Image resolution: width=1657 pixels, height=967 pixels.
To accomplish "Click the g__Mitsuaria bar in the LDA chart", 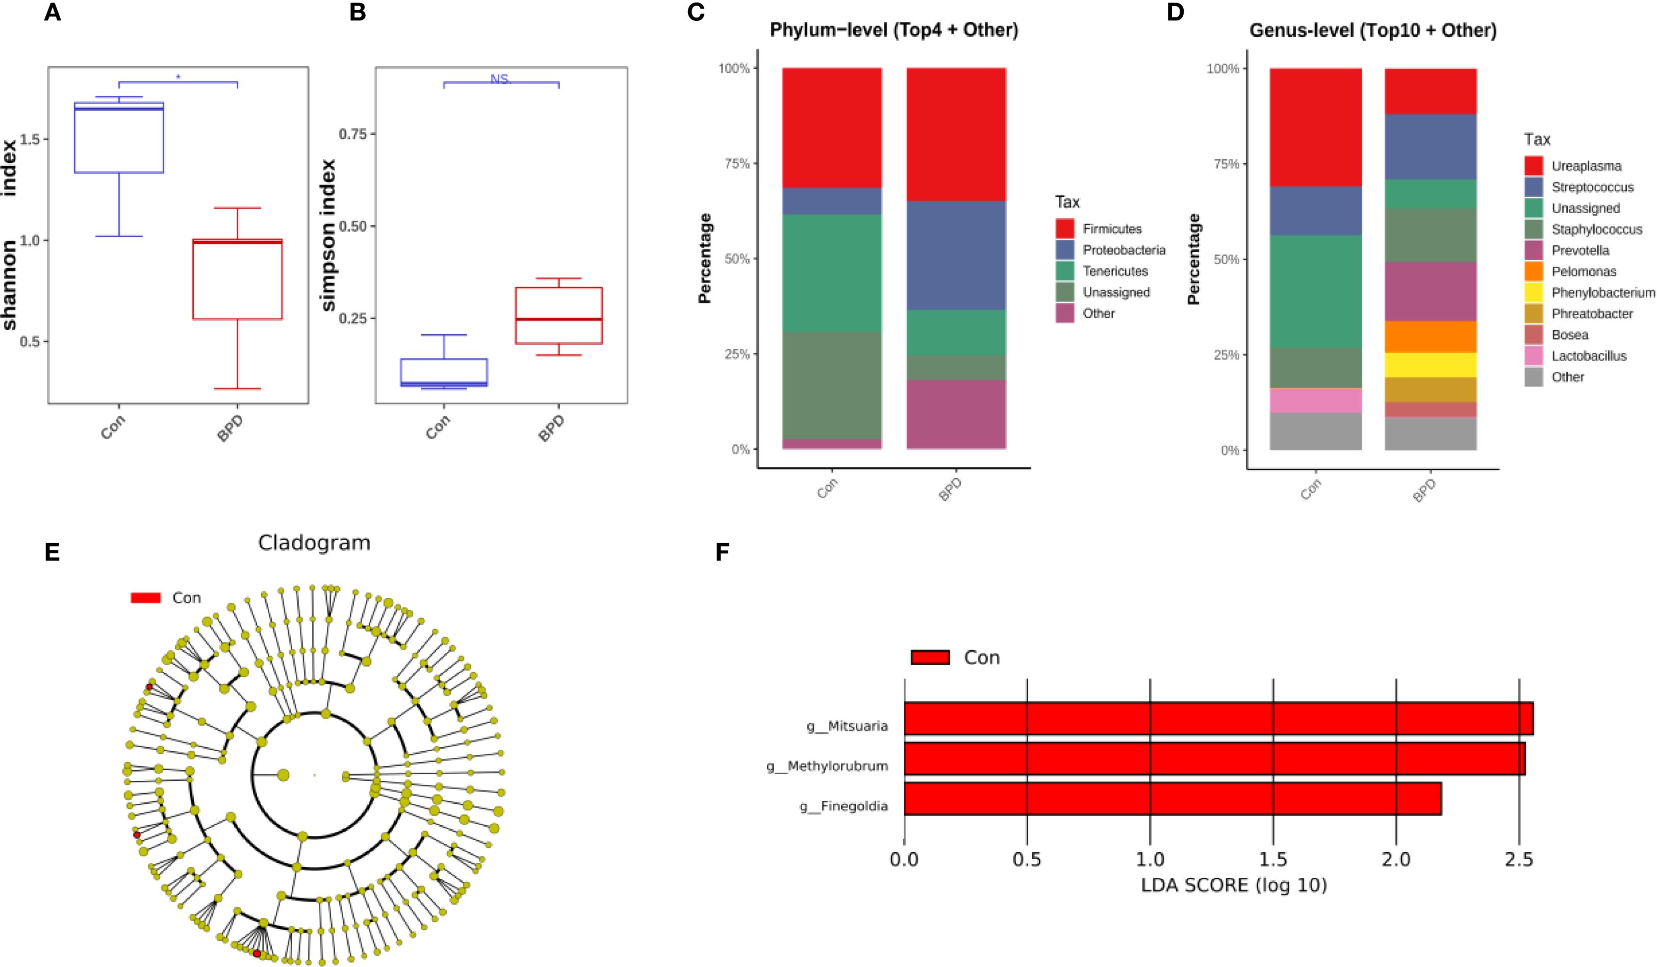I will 1218,719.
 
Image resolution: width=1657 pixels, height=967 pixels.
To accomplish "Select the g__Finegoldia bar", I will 1172,799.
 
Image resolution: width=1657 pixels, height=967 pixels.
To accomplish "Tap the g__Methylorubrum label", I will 827,766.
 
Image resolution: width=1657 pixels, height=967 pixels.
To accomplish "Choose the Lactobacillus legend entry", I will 1589,355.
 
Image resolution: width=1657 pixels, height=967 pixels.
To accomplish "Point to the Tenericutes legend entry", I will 1115,271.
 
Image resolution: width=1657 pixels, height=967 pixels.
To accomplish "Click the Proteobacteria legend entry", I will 1124,250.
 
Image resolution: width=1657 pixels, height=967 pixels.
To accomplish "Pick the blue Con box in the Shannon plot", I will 119,138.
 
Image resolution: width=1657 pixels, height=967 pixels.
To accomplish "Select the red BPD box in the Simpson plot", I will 558,316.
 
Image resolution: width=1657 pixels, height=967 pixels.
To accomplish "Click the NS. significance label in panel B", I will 500,79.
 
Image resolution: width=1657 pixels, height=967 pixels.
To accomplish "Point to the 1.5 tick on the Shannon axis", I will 30,139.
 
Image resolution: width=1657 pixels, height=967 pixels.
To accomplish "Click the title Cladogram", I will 314,543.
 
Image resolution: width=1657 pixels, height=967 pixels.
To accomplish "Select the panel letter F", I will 722,553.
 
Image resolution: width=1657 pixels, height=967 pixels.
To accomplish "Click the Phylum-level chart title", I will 894,30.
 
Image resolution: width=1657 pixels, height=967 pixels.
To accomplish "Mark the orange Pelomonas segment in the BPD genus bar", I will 1430,337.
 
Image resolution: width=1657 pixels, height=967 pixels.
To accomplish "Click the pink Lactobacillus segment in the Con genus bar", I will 1315,400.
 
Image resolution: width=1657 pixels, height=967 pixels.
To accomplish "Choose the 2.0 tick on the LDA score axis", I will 1395,859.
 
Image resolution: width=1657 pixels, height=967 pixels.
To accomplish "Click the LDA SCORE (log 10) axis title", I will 1234,885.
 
